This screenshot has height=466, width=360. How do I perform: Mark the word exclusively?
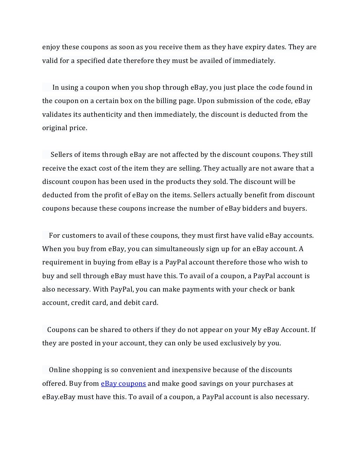pyautogui.click(x=238, y=343)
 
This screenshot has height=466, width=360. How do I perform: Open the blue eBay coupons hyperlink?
pyautogui.click(x=123, y=384)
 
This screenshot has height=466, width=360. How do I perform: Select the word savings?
pyautogui.click(x=206, y=384)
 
